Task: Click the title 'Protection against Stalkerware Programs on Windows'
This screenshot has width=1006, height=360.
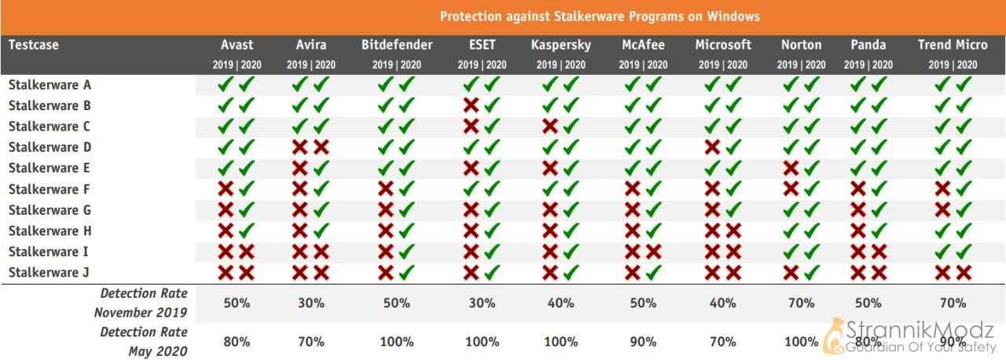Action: click(600, 17)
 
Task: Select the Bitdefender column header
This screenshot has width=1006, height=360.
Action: click(397, 45)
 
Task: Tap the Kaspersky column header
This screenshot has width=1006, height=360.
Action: click(561, 46)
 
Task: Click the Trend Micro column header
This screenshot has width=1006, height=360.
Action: click(953, 45)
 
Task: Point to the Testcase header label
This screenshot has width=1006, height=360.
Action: click(34, 45)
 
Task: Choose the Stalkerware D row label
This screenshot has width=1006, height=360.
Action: click(50, 147)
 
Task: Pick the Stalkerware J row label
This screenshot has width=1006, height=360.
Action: click(49, 273)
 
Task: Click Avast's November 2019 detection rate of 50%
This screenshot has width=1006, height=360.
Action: click(237, 303)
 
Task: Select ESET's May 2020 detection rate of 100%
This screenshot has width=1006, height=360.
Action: click(482, 342)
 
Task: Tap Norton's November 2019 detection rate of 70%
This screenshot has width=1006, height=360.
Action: click(801, 303)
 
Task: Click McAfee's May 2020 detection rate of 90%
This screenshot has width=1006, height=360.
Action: click(643, 342)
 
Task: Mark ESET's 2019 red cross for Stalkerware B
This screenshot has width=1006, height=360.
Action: click(471, 105)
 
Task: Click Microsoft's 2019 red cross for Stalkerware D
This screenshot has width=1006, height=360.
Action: click(712, 147)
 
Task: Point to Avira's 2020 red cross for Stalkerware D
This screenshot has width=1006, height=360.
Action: click(321, 147)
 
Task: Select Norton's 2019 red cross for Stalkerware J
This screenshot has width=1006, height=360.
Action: click(791, 273)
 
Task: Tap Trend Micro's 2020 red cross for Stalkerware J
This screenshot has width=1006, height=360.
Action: click(964, 273)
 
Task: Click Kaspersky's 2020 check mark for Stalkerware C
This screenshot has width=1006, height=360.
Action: click(571, 126)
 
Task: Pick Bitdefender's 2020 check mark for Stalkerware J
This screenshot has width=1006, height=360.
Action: click(407, 272)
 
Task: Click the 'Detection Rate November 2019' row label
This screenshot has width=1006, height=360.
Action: click(141, 303)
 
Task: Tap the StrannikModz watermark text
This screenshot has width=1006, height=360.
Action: click(920, 330)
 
